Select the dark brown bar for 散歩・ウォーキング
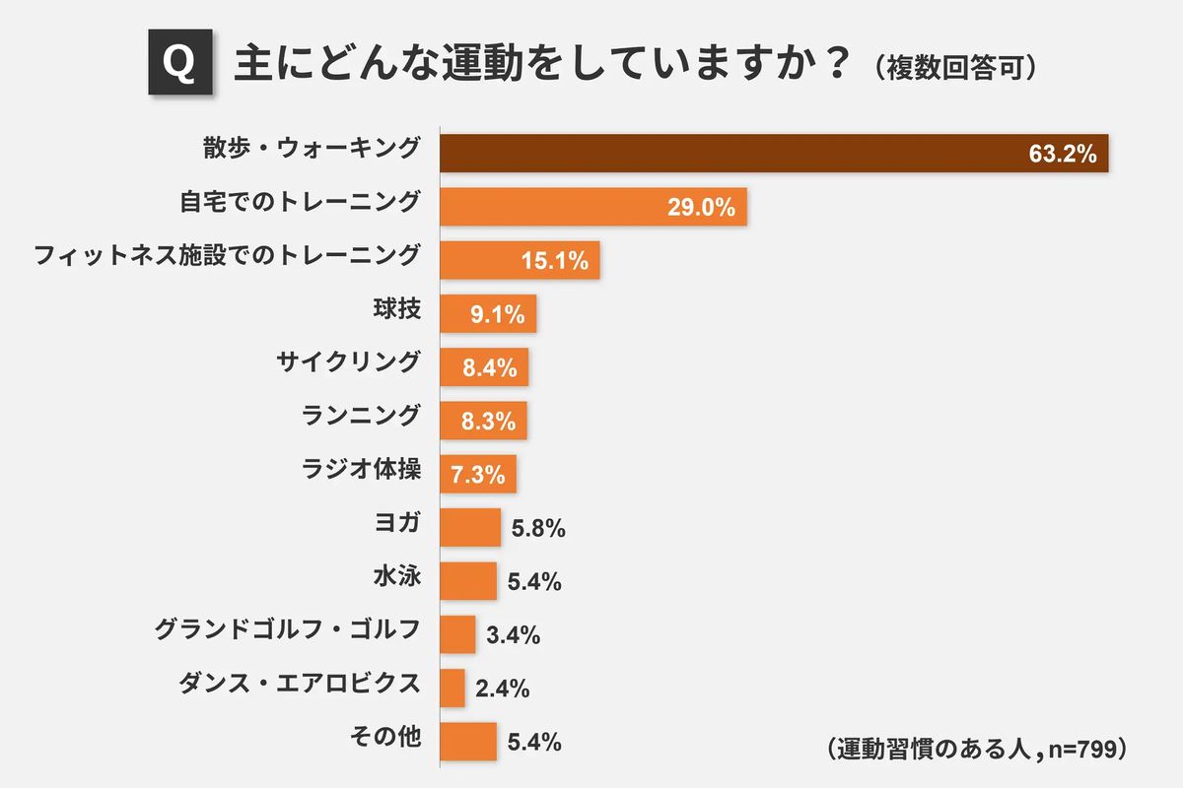774,154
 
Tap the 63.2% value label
1062,155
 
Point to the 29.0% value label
702,208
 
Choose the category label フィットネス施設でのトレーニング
227,255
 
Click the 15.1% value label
555,261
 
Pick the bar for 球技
487,314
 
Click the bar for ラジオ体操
477,475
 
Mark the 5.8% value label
537,529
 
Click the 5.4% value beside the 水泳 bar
534,582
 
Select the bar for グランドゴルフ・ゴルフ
457,634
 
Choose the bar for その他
468,742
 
